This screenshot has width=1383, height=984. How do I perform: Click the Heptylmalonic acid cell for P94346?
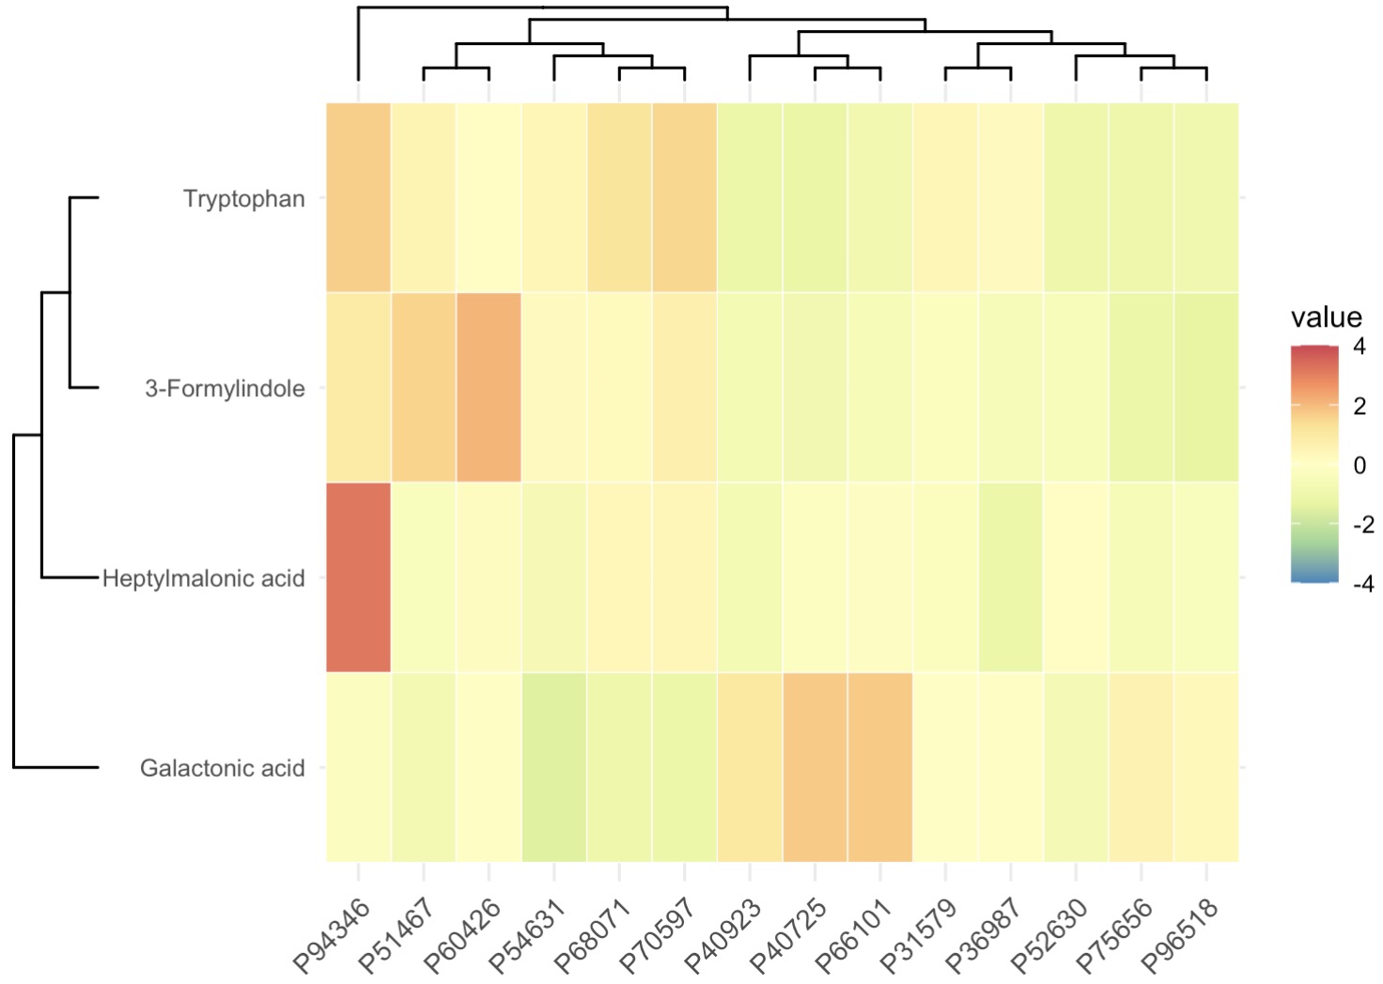[358, 577]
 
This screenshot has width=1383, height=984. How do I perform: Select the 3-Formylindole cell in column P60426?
[489, 388]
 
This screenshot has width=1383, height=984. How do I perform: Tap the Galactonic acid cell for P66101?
[879, 767]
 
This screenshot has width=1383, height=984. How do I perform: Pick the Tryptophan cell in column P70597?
[684, 198]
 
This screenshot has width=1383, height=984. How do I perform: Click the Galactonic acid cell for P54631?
[553, 767]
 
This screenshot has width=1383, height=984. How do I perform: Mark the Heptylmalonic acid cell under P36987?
[1010, 577]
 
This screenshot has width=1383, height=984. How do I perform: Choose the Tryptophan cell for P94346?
[358, 198]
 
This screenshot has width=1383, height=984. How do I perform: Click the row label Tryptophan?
[244, 199]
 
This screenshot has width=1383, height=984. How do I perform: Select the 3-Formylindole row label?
[225, 389]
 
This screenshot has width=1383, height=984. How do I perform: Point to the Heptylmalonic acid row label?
[204, 578]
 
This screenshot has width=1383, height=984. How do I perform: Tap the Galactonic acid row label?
[223, 768]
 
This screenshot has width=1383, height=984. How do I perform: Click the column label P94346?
[333, 935]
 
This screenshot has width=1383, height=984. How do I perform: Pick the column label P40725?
[789, 935]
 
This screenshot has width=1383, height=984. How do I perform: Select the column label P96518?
[1181, 935]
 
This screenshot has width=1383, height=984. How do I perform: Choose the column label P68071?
[594, 935]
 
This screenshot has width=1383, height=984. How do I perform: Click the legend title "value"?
[1326, 317]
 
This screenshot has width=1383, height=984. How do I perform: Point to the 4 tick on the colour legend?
[1360, 346]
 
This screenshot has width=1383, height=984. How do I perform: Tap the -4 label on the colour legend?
[1362, 583]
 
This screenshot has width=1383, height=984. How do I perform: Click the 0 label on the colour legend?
[1360, 465]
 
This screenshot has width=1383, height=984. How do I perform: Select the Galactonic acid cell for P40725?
[815, 767]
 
